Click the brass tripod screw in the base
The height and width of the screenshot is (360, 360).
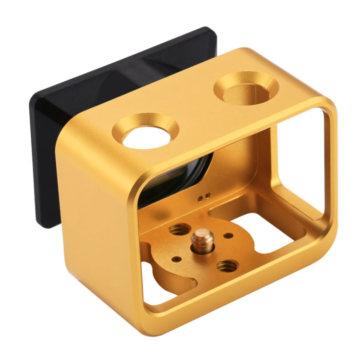click(x=198, y=240)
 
